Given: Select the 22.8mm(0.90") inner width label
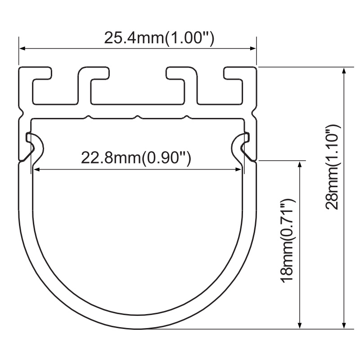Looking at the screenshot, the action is (136, 158).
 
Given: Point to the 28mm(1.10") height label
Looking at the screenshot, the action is (332, 167).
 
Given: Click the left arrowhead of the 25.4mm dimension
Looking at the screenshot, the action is (22, 49).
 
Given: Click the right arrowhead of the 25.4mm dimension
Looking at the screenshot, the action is (253, 49).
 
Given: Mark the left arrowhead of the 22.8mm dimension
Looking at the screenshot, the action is (37, 170).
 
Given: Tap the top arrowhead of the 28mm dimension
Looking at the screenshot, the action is (344, 71).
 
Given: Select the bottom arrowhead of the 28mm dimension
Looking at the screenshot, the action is (344, 325).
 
